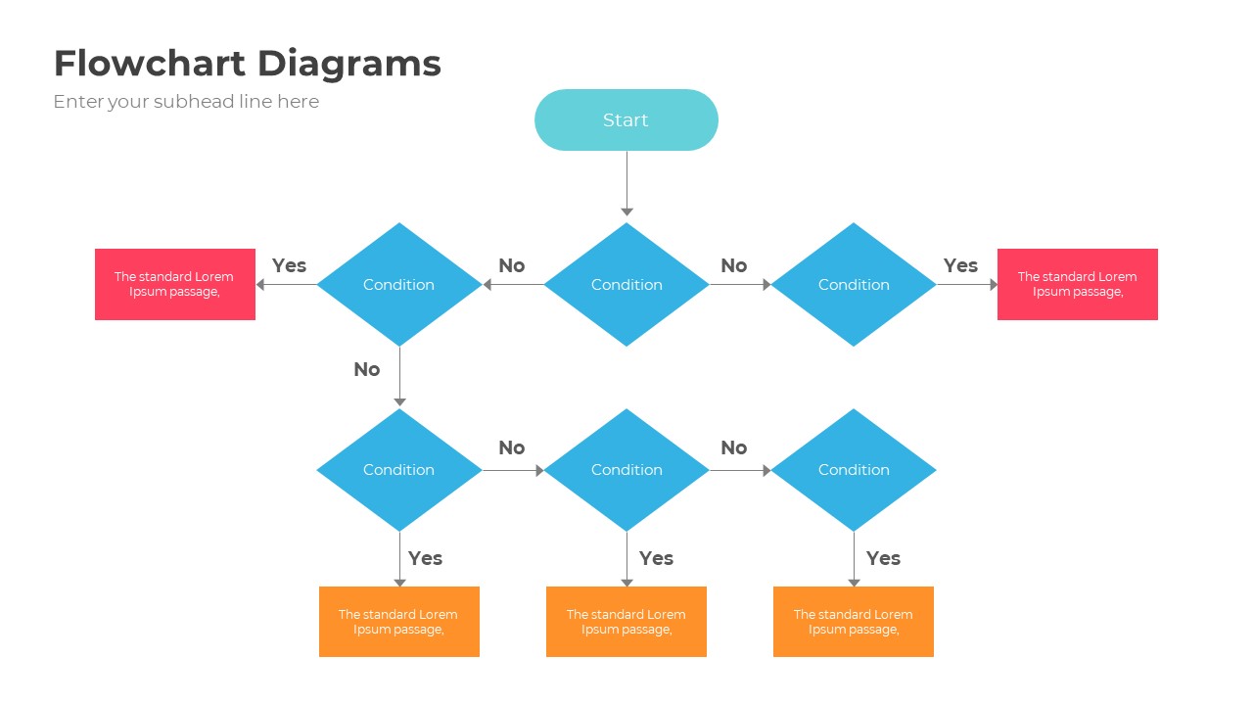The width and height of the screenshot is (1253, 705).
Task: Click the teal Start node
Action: coord(626,120)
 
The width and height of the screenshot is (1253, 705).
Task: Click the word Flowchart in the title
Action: coord(149,64)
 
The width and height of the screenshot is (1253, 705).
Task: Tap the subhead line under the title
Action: coord(186,102)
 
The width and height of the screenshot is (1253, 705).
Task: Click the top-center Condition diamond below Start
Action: coord(626,285)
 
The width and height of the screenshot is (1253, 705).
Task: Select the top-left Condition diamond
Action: coord(399,285)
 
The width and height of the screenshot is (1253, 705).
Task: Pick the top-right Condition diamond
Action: coord(854,285)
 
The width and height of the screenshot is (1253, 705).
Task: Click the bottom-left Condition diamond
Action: coord(399,470)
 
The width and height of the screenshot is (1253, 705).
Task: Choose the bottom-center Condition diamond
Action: coord(626,470)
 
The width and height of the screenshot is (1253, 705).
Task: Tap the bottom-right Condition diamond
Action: coord(854,470)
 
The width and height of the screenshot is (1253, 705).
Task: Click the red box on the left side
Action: coord(175,284)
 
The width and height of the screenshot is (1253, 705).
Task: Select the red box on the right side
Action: coord(1077,284)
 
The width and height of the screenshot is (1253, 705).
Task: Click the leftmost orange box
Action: coord(399,622)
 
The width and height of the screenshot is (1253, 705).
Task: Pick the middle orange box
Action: coord(626,622)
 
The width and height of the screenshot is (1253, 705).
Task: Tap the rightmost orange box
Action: coord(854,622)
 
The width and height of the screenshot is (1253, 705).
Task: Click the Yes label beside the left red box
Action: coord(289,265)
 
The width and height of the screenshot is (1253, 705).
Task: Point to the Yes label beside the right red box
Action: coord(960,265)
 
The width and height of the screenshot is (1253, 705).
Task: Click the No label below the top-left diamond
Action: coord(366,369)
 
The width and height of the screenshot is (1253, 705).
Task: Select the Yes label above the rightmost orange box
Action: coord(883,558)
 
